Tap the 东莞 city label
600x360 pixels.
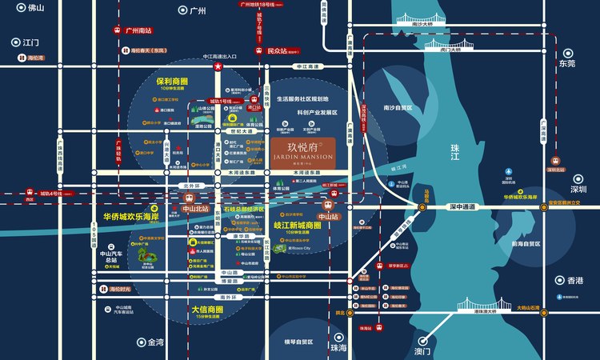(x=567, y=63)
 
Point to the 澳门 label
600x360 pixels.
(x=422, y=351)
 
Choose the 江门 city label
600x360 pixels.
(x=31, y=42)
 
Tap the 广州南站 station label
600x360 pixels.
(x=138, y=30)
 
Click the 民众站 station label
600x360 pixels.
(x=277, y=50)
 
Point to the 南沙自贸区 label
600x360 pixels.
(x=398, y=107)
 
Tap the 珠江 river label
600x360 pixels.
(x=458, y=149)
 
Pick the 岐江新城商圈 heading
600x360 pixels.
(x=309, y=226)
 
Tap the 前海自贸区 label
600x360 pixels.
(x=525, y=244)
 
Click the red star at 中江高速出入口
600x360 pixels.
(x=217, y=67)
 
